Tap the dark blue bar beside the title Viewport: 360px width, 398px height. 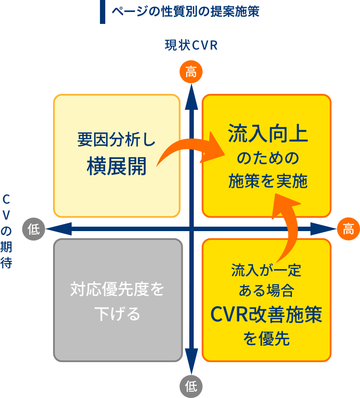(103, 12)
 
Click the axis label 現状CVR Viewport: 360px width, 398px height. (191, 46)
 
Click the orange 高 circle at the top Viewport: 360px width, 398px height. (191, 72)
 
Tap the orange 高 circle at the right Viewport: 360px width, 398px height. (348, 229)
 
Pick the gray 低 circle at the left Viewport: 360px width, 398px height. (34, 229)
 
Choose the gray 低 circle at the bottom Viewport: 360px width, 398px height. (191, 386)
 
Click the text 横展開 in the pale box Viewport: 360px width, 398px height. (117, 166)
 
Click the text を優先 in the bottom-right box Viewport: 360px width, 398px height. (266, 339)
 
